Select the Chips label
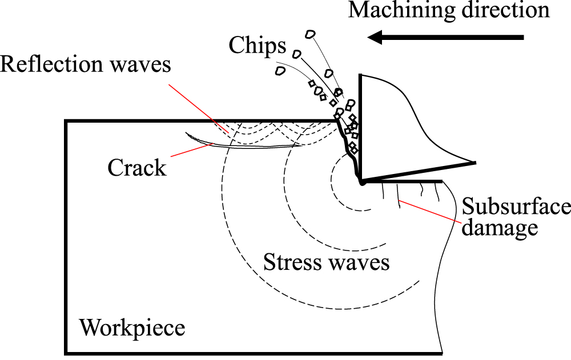(257, 45)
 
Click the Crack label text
(137, 168)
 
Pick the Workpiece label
(132, 328)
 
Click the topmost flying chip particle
(310, 34)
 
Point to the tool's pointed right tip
(475, 163)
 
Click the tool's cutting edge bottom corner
(361, 182)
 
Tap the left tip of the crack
(187, 134)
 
